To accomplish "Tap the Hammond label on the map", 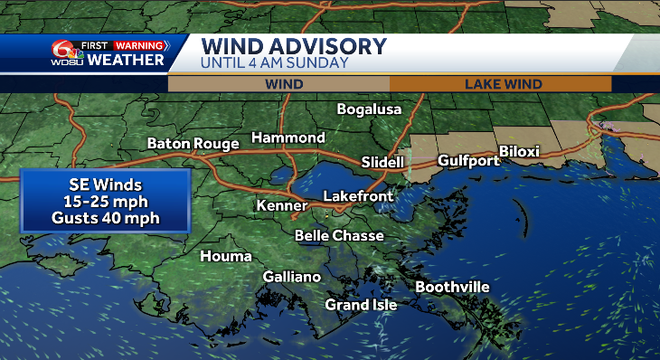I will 288,137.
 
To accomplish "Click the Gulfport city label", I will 468,160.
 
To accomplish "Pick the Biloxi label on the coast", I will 519,151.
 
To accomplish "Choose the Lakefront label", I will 358,196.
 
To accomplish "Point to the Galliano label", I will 292,276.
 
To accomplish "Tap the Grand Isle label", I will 361,304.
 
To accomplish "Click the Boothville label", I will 452,287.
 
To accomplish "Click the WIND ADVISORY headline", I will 293,46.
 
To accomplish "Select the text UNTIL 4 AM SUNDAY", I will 274,63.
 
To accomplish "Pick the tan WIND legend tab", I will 283,84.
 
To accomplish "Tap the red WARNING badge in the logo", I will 140,45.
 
